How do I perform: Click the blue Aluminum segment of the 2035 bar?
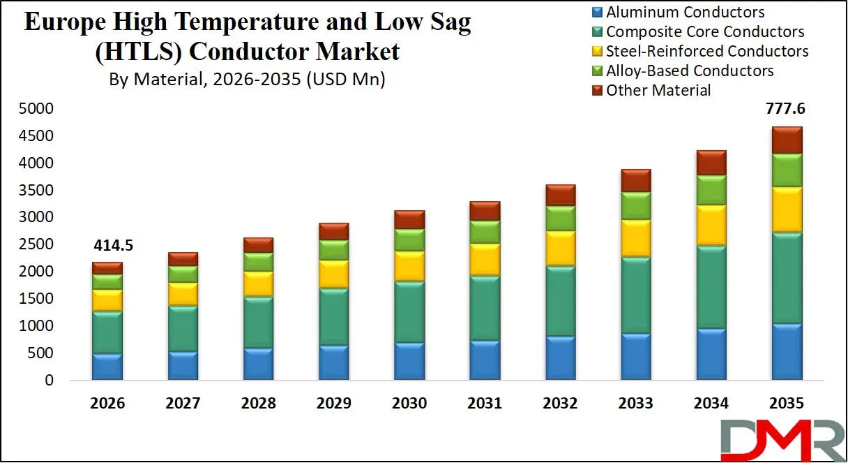pyautogui.click(x=787, y=352)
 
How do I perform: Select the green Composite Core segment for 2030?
pyautogui.click(x=409, y=311)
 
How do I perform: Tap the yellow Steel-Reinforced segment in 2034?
pyautogui.click(x=712, y=225)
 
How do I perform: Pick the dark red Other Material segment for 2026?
pyautogui.click(x=107, y=268)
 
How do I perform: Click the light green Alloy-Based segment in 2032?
pyautogui.click(x=561, y=218)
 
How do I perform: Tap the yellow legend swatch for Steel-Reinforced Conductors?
pyautogui.click(x=597, y=52)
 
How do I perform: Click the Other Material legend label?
pyautogui.click(x=658, y=90)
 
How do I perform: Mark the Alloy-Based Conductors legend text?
pyautogui.click(x=690, y=71)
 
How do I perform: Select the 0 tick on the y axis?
pyautogui.click(x=49, y=381)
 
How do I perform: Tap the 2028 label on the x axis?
pyautogui.click(x=258, y=404)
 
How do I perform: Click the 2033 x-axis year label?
pyautogui.click(x=636, y=404)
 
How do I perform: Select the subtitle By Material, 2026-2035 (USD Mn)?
pyautogui.click(x=247, y=79)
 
